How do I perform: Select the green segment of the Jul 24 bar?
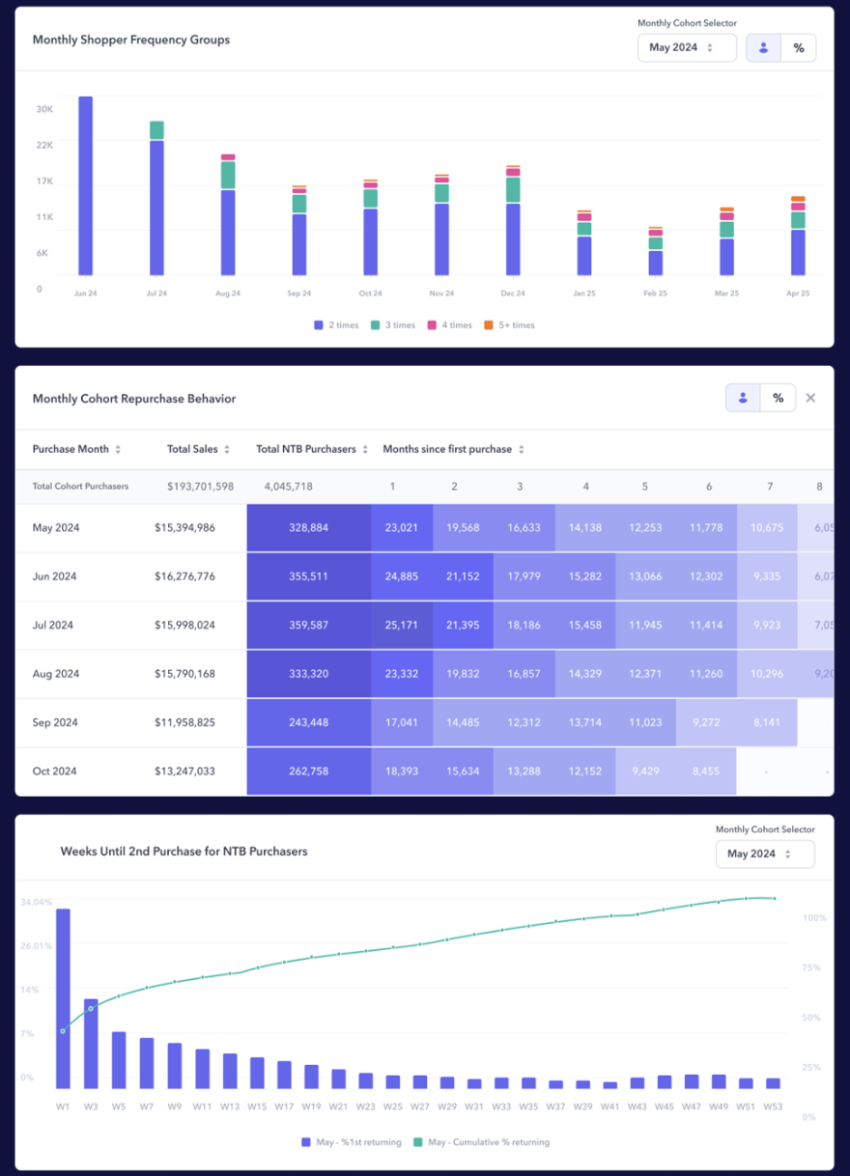(156, 130)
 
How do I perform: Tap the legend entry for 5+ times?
(509, 325)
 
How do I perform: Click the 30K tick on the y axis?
(44, 109)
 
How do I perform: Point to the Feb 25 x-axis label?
(656, 294)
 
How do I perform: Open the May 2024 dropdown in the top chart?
(687, 47)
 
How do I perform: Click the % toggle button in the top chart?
(798, 47)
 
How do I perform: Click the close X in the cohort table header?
(810, 398)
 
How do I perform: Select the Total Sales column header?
(193, 449)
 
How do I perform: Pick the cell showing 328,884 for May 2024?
(308, 528)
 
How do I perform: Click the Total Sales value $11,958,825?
(184, 722)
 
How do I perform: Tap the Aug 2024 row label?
(55, 674)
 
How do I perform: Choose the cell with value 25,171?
(401, 626)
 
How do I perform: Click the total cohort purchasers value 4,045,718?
(288, 487)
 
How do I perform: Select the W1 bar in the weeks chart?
(63, 998)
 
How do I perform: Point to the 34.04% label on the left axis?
(36, 902)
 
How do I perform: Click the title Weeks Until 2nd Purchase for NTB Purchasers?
(184, 852)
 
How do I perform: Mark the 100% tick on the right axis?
(814, 917)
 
